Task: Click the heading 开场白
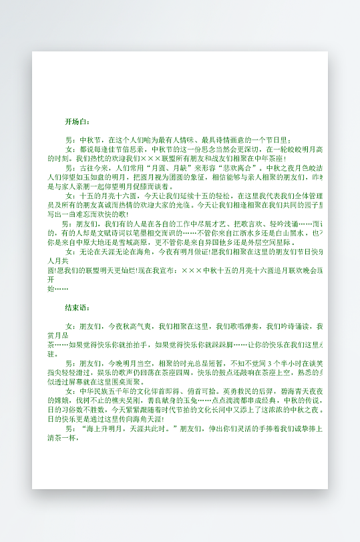[76, 122]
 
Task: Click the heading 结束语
[76, 308]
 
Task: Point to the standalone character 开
[51, 280]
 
